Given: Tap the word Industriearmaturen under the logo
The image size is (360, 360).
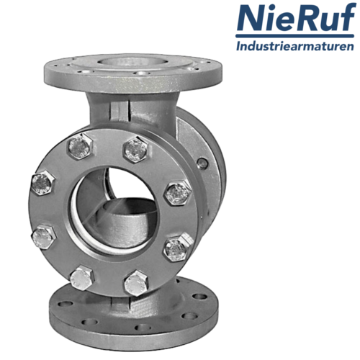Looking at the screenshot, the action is tap(295, 45).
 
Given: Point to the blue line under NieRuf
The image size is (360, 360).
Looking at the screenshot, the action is tap(295, 36).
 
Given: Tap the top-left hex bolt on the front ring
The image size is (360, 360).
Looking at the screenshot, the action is tap(81, 146).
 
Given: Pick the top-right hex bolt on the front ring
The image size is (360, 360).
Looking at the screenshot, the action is tap(136, 150).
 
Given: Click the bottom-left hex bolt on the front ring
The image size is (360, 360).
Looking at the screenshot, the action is tap(81, 278).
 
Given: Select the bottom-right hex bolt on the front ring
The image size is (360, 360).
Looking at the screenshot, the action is tap(136, 283).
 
